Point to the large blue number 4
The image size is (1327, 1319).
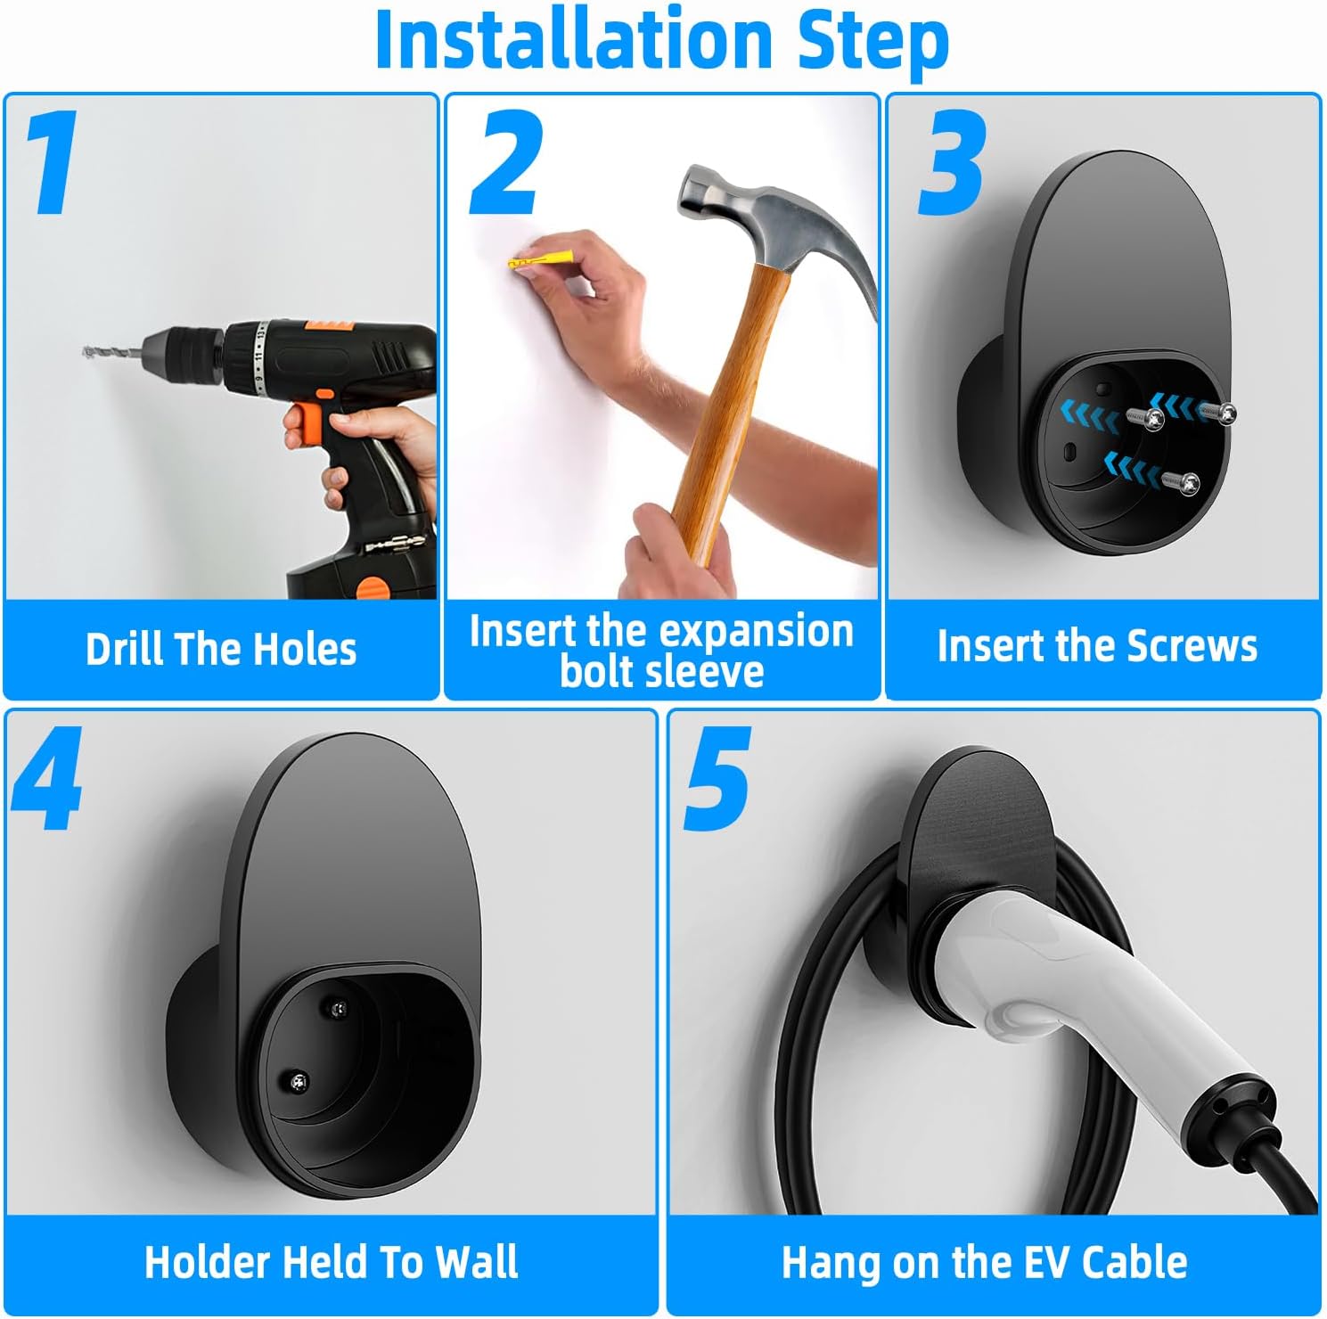(48, 779)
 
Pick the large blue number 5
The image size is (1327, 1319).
(718, 779)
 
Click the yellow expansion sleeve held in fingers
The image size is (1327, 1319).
(531, 264)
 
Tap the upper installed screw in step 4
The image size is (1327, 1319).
(340, 1007)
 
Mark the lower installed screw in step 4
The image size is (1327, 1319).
(299, 1081)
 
